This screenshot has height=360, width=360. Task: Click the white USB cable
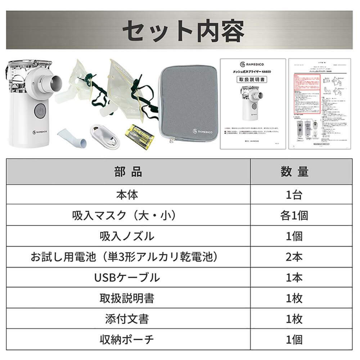[105, 136]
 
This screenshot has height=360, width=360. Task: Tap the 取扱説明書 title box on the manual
[253, 80]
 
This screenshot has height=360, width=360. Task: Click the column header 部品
[128, 172]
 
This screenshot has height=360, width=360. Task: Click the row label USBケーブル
[129, 278]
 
